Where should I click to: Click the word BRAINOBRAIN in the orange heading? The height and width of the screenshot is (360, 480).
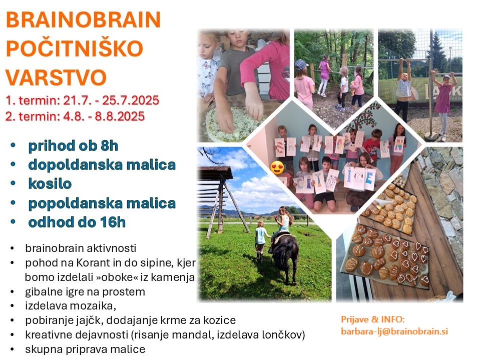83,20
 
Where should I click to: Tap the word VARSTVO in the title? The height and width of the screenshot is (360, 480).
56,77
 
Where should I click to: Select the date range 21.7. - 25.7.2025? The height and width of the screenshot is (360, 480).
111,100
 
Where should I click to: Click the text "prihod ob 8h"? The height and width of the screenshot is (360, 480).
73,146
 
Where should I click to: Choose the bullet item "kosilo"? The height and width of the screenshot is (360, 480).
50,184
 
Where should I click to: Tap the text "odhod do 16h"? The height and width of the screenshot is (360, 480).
77,222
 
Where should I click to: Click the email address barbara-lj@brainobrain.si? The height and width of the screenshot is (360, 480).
394,331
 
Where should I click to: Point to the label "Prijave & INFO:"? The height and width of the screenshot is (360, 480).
373,319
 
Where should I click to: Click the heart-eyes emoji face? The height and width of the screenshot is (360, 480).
277,167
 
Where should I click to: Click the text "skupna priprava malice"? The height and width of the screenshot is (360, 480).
85,349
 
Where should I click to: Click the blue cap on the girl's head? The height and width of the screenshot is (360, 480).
301,64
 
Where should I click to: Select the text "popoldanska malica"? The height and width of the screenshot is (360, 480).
102,203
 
